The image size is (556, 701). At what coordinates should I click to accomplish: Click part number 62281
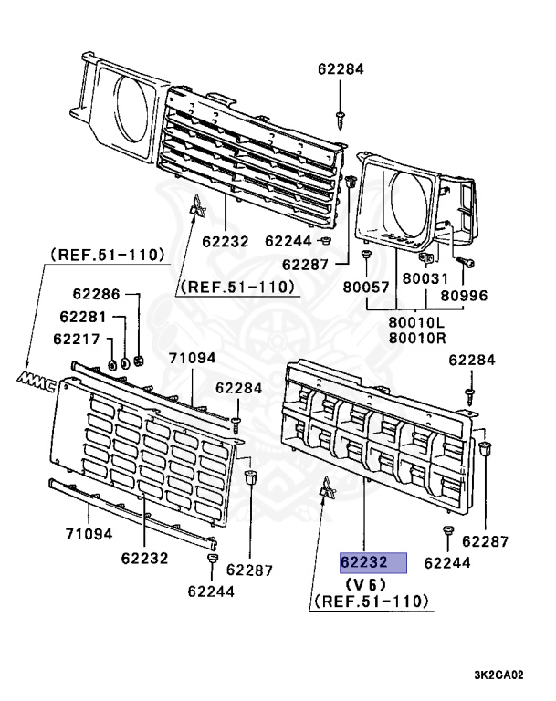point(82,317)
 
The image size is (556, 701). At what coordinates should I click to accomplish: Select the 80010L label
point(415,321)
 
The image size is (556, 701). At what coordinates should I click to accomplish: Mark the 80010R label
point(415,338)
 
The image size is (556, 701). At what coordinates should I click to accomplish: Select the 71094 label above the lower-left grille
point(192,359)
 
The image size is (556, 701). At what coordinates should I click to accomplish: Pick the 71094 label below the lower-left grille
point(89,533)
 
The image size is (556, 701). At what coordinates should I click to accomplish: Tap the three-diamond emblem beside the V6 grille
point(326,492)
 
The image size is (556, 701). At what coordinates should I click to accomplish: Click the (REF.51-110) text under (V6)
point(372,603)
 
